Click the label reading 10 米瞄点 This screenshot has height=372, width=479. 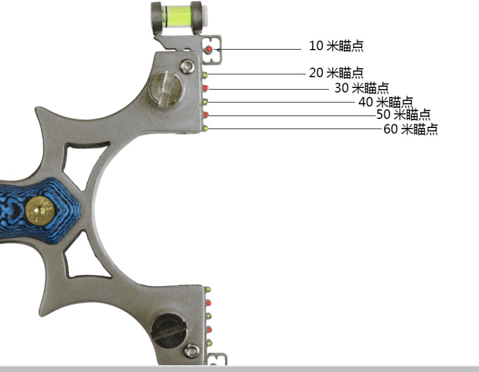pos(336,46)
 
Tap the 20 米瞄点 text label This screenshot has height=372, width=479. pos(336,73)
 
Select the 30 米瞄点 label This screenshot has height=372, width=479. pos(362,88)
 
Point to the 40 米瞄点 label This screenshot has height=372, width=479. pos(386,102)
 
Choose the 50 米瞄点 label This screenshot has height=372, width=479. pos(403,114)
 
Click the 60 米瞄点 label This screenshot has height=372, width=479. pos(411,129)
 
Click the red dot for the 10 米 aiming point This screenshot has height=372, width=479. pos(209,49)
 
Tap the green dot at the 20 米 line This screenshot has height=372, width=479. pos(205,75)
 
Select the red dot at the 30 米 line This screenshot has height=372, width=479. pos(205,88)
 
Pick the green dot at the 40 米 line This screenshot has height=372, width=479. pos(205,102)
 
